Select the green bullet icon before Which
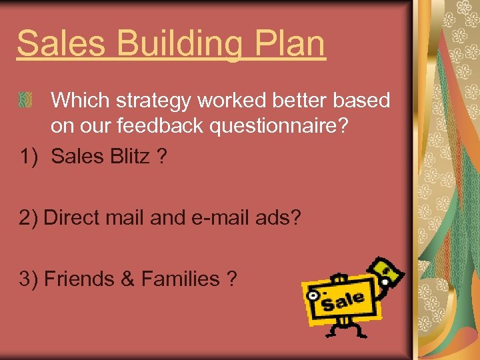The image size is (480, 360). (26, 100)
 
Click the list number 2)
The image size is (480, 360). (29, 218)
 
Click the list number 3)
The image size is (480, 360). (29, 279)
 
